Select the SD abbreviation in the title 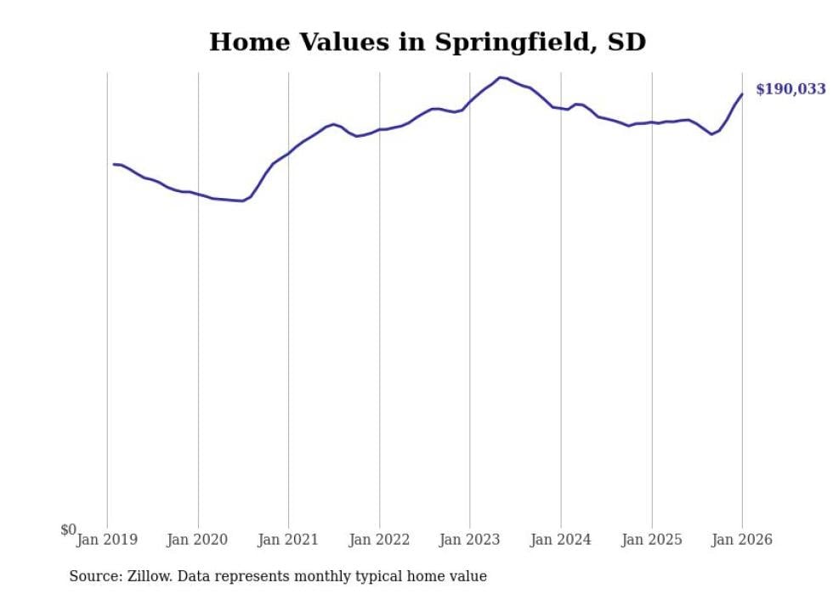(626, 42)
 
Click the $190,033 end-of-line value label (790, 89)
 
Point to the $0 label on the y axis (68, 530)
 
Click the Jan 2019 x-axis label (107, 540)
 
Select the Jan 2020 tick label (198, 540)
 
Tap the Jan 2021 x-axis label (288, 540)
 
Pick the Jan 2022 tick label (379, 540)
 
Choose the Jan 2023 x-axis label (470, 540)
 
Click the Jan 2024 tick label (561, 540)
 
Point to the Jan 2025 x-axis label (652, 540)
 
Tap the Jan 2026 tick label (742, 540)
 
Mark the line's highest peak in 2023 (501, 77)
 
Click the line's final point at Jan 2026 (742, 94)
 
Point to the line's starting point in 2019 (114, 164)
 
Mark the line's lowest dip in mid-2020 (242, 201)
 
